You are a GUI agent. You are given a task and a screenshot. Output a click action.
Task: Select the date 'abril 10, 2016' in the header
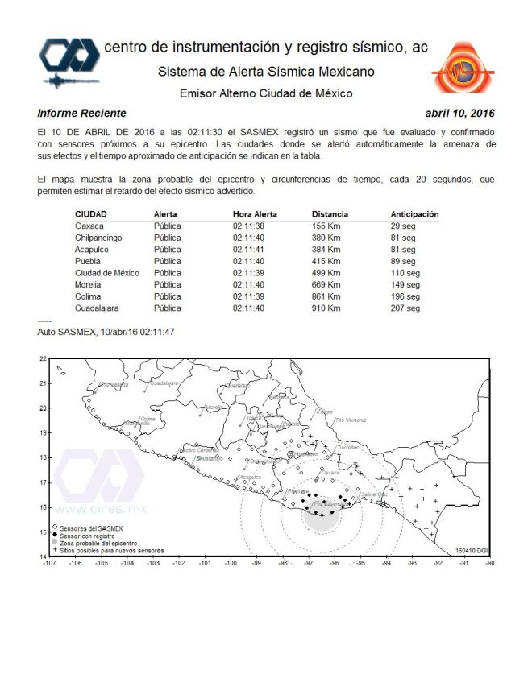pyautogui.click(x=459, y=114)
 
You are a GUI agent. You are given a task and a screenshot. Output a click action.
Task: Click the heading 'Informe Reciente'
pyautogui.click(x=81, y=114)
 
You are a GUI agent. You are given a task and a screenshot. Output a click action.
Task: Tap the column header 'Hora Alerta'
pyautogui.click(x=255, y=214)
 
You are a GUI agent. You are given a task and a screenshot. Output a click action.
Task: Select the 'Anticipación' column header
pyautogui.click(x=414, y=214)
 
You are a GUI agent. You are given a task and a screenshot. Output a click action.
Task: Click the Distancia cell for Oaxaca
pyautogui.click(x=326, y=226)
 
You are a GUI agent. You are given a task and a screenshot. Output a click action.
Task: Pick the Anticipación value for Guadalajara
pyautogui.click(x=405, y=308)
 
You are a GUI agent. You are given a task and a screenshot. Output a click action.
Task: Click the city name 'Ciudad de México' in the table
pyautogui.click(x=107, y=273)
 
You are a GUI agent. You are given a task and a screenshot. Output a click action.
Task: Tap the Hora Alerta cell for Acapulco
pyautogui.click(x=249, y=250)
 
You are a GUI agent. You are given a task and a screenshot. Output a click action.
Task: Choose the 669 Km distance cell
pyautogui.click(x=326, y=285)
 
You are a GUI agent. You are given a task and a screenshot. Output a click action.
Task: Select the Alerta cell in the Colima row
pyautogui.click(x=167, y=296)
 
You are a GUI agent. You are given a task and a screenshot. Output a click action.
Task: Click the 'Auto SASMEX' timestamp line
pyautogui.click(x=106, y=331)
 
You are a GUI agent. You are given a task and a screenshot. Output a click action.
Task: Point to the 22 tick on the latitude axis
pyautogui.click(x=43, y=358)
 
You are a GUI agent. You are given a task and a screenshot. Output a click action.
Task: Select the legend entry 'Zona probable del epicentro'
pyautogui.click(x=98, y=544)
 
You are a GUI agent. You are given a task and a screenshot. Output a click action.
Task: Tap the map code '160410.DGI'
pyautogui.click(x=471, y=550)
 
